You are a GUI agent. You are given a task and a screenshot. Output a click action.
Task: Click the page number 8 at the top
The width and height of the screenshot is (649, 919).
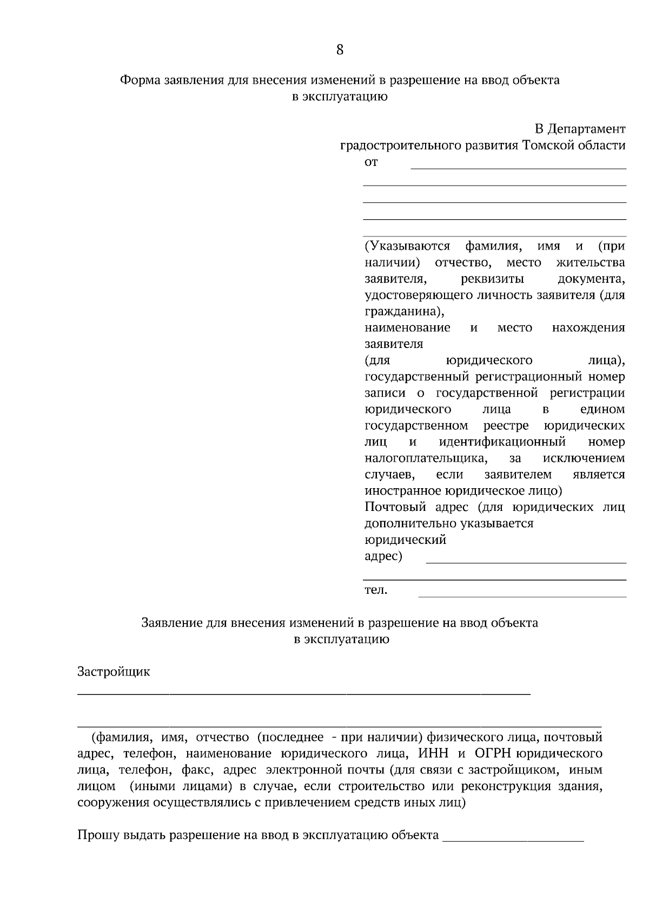pos(340,50)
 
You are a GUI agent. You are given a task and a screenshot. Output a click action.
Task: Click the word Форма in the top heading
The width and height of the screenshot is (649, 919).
pos(138,81)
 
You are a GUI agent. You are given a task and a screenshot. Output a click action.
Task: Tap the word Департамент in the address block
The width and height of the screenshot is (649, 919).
pos(586,129)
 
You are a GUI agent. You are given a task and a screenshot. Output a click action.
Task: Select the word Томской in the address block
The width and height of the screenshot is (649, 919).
pos(547,146)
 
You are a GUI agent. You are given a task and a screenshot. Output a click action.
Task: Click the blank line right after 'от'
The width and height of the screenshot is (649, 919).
pos(518,167)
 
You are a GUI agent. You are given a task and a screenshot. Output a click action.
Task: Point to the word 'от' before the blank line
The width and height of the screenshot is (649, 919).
pos(371,162)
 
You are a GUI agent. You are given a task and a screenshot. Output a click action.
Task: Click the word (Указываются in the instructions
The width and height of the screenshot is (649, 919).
pos(407,246)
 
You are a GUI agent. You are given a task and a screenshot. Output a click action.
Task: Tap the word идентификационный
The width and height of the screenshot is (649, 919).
pos(502,442)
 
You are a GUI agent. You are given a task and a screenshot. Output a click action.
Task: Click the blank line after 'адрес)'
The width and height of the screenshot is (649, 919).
pos(526,562)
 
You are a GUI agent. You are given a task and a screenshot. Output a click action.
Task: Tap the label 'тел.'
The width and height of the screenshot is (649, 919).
pos(376,590)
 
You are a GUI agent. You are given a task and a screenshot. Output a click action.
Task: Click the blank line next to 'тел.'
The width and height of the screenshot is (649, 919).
pos(522,596)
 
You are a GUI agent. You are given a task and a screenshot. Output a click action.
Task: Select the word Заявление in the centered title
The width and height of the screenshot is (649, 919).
pos(172,623)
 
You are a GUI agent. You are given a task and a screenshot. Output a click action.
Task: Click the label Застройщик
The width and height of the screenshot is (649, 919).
pos(114,672)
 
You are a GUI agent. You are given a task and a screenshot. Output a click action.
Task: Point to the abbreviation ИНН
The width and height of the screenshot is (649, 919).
pos(429,754)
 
